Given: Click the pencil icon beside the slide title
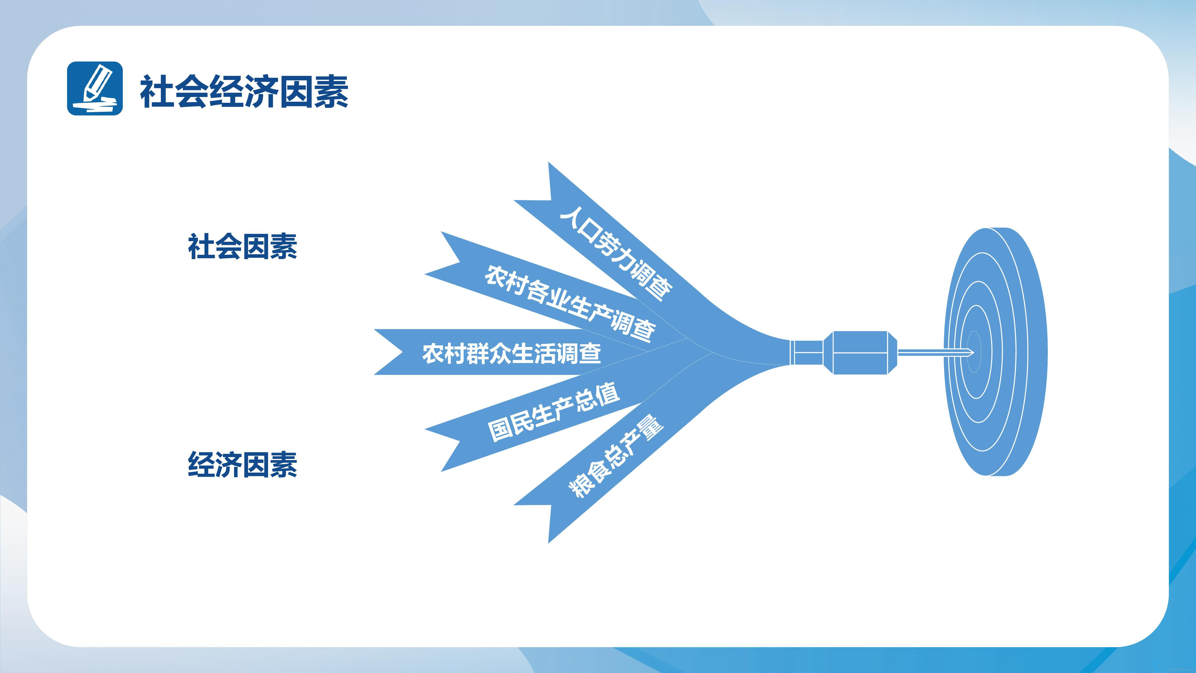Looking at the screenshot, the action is coord(95,88).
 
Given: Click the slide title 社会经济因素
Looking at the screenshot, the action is coord(244,91).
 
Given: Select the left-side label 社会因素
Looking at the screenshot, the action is coord(242,247).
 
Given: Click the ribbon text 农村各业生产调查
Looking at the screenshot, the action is coord(570,302).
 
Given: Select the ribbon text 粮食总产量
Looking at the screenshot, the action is coord(616,456).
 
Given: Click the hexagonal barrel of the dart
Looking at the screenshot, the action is coord(860,352).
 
